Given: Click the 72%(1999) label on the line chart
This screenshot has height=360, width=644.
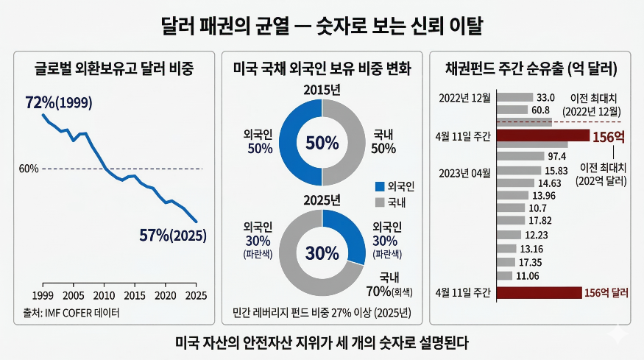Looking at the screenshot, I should pos(60,102).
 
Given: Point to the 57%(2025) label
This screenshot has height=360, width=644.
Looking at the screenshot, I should pos(173,236).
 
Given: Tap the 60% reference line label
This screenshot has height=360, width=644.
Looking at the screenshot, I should pos(29,169).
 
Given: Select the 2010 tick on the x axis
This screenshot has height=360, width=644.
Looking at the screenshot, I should pos(104,295).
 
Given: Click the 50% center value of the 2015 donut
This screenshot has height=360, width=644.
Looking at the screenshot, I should pos(322,143).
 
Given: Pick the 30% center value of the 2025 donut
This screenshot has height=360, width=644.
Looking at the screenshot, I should pos(322,253).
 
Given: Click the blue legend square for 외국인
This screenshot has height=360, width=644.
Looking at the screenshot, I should pos(380,186).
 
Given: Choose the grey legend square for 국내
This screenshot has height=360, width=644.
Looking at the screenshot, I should pos(380,201).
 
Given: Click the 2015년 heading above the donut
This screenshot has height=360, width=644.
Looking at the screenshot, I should pos(321,89).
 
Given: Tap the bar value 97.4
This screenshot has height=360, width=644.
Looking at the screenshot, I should pos(556,156).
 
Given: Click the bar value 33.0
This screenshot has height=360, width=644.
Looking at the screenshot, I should pos(545,97).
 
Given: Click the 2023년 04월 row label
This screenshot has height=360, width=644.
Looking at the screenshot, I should pos(464,173).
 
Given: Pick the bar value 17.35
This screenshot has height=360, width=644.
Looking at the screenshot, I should pos(530,262).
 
